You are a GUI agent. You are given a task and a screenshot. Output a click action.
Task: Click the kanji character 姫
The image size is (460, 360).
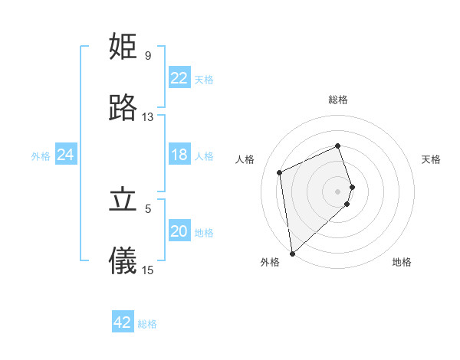point(123,47)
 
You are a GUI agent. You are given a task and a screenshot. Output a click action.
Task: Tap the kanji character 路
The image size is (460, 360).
point(123,108)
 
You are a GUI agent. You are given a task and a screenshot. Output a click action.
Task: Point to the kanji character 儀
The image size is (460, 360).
point(123,261)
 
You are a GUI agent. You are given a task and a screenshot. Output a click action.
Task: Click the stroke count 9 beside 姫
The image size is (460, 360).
point(147,56)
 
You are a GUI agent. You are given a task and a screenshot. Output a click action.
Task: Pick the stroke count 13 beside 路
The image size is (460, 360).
point(147,117)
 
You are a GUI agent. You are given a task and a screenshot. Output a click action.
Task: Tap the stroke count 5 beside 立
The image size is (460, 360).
point(147,208)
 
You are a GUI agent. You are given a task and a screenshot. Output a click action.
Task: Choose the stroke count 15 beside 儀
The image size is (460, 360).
point(147,270)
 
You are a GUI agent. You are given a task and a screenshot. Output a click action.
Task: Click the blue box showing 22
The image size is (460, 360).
point(179,78)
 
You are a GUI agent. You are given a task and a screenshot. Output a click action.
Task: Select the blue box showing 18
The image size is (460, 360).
point(179,155)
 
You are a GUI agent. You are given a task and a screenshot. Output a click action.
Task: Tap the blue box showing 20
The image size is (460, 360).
point(179,231)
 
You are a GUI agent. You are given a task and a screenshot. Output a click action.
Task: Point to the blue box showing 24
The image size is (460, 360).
point(66,155)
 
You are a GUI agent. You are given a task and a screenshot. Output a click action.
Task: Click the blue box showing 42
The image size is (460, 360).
point(123,322)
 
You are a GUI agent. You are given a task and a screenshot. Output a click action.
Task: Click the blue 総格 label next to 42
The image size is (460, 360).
point(147,324)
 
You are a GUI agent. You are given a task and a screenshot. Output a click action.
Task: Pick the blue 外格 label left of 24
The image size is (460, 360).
point(41,156)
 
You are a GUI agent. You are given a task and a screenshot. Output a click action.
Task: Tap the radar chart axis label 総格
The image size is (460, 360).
point(338,100)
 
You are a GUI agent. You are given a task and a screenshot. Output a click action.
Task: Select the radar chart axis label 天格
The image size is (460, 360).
point(431,159)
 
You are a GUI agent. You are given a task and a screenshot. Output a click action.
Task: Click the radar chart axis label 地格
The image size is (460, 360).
point(402,262)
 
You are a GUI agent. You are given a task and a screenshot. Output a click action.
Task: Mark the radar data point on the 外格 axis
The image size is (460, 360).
point(292,253)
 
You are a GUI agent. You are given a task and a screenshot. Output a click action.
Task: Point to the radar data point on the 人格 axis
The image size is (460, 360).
point(280,172)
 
